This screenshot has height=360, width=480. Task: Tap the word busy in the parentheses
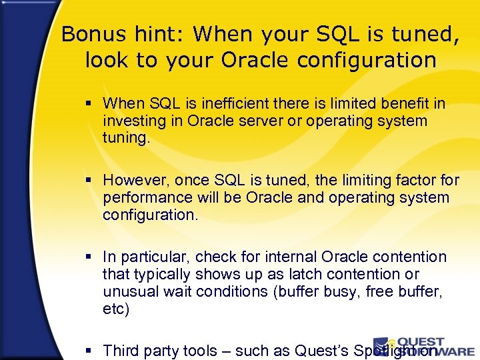[339, 291]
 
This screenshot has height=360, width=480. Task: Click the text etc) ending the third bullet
[116, 309]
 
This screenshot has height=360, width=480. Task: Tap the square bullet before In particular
[91, 257]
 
